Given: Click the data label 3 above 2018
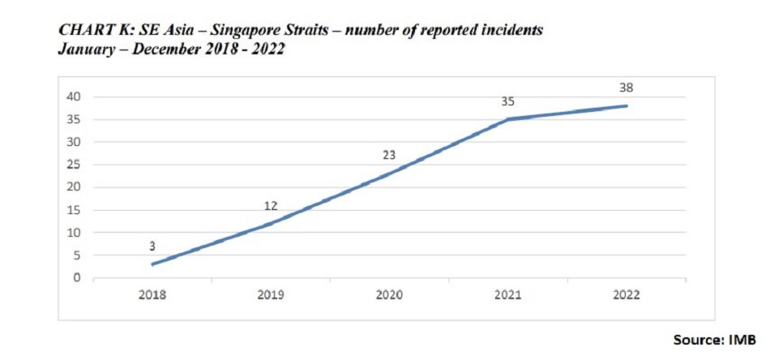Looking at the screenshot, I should point(152,244).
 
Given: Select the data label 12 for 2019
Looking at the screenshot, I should point(271,206).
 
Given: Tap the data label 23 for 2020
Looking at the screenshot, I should point(389,154).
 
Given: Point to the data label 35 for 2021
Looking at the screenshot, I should point(507,101).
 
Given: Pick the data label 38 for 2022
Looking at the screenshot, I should point(626,87).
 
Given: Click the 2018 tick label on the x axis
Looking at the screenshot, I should point(152,295).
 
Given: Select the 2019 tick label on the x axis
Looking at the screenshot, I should point(271,295).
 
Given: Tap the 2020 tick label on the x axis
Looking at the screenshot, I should point(389,295).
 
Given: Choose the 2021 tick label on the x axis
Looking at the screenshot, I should point(507,295).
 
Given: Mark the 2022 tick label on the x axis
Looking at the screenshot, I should point(626,295).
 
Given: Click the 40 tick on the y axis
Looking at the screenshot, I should point(75,96).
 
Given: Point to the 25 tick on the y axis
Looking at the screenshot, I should point(75,165).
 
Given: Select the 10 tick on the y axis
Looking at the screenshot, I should point(75,233).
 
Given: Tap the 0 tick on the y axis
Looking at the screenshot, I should point(79,278).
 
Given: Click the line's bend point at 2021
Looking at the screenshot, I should point(507,119).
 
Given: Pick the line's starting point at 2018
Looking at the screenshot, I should point(152,264).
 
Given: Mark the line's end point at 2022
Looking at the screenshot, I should point(626,105).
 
